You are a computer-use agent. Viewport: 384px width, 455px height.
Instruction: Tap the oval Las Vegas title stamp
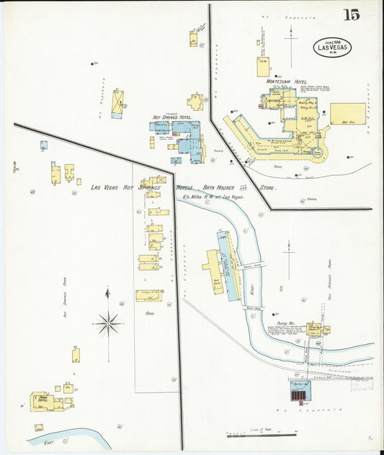coord(332,47)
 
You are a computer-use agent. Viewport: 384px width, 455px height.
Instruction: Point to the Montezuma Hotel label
coord(287,82)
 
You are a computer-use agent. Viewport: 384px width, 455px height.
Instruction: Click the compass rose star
coord(108,324)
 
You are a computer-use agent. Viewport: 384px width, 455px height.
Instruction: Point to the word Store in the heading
coord(267,188)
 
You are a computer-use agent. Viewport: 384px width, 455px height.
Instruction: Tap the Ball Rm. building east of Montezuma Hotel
coord(347,113)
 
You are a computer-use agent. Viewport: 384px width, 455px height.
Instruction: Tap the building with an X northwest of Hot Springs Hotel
coord(117,103)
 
